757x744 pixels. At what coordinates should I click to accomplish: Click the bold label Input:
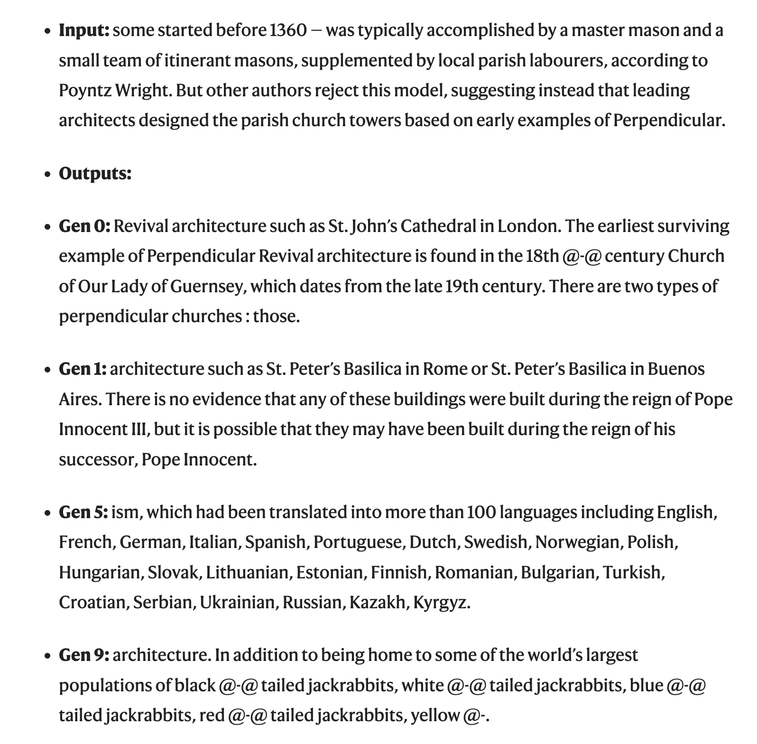[x=84, y=30]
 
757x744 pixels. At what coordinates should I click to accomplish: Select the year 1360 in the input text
[x=288, y=30]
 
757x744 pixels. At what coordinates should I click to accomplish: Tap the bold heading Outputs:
[x=95, y=174]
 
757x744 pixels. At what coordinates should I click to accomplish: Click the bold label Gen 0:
[x=84, y=226]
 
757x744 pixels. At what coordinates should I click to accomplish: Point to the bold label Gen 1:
[x=83, y=369]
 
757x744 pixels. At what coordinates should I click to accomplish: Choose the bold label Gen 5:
[x=83, y=512]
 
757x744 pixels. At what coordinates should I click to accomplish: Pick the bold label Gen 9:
[x=84, y=655]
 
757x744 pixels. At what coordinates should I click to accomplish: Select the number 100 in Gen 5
[x=481, y=512]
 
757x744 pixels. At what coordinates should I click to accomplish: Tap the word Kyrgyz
[x=441, y=603]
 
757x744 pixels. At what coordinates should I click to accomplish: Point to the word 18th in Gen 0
[x=542, y=256]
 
